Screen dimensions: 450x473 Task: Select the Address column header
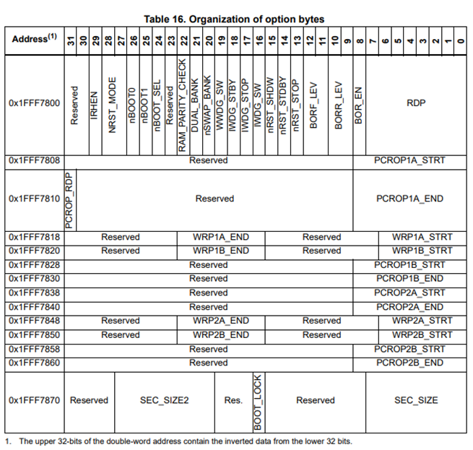click(34, 39)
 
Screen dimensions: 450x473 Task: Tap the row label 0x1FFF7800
click(35, 103)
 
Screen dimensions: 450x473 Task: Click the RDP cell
click(416, 103)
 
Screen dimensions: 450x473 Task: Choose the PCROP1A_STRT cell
click(410, 160)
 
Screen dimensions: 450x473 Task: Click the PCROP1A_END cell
click(410, 198)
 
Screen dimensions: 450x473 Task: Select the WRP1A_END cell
click(221, 237)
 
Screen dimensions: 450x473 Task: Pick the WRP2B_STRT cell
click(422, 334)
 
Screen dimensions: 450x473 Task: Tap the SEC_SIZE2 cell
click(164, 399)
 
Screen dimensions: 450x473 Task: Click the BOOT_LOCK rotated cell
click(258, 399)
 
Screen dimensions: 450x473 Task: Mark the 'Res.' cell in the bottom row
click(233, 399)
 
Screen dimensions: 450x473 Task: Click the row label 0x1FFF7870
click(35, 399)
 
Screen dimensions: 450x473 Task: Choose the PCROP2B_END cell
click(410, 363)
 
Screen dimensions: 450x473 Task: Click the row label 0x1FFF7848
click(35, 321)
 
